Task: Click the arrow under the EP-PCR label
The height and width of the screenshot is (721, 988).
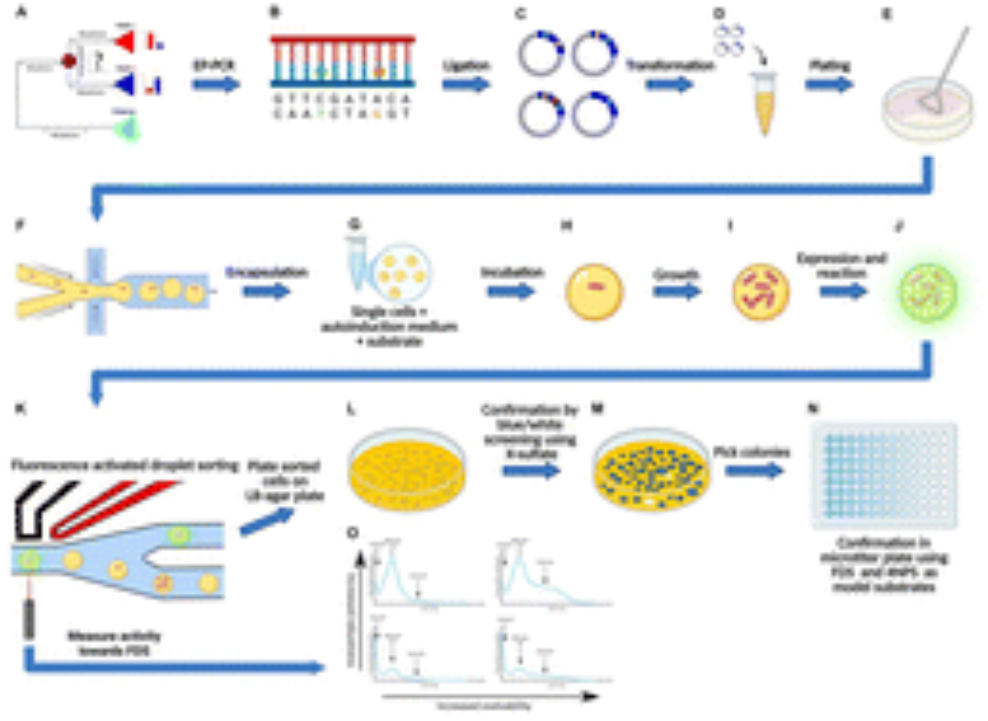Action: (216, 85)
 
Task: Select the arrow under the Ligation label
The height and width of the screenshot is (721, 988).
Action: (465, 85)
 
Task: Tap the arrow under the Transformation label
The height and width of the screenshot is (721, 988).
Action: (669, 85)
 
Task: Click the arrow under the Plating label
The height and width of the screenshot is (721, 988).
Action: (829, 85)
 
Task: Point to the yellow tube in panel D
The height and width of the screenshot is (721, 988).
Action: (764, 104)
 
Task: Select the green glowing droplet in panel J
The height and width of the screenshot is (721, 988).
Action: (928, 293)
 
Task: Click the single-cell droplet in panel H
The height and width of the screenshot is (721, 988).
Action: (594, 292)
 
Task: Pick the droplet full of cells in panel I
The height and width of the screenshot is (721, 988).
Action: (760, 292)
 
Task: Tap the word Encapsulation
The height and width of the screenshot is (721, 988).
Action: (267, 272)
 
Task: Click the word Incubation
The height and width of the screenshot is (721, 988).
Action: (512, 272)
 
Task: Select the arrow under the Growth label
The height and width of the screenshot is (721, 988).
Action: (677, 292)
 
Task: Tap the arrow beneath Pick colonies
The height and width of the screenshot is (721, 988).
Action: (754, 470)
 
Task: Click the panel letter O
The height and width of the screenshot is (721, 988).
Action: (353, 533)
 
